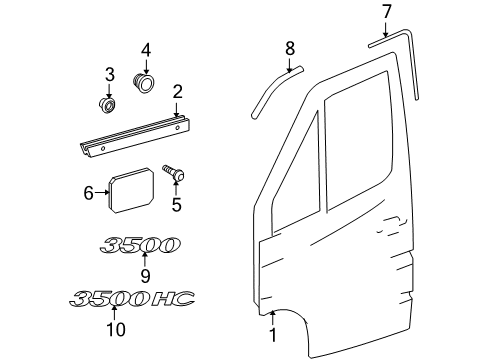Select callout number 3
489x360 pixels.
click(x=111, y=76)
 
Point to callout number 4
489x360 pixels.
click(x=146, y=50)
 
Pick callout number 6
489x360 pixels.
click(x=88, y=192)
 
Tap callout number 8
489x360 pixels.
click(x=290, y=47)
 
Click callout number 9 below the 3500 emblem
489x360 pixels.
click(x=144, y=274)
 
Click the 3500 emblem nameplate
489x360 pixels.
click(x=139, y=246)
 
